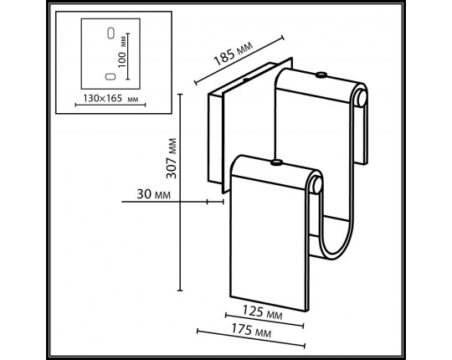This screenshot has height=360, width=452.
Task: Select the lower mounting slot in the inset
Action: (110, 76)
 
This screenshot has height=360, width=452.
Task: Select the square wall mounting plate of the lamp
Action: (216, 138)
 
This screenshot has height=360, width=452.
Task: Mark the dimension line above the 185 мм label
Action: (239, 59)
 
